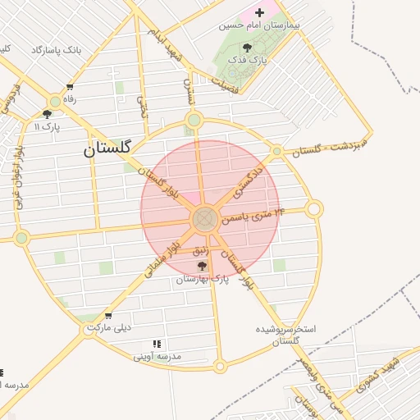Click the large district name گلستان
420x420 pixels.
pyautogui.click(x=107, y=149)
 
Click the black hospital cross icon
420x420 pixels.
pyautogui.click(x=260, y=12)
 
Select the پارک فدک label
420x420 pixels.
pyautogui.click(x=248, y=60)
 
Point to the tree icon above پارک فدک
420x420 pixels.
pyautogui.click(x=248, y=48)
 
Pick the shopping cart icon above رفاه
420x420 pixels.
pyautogui.click(x=70, y=87)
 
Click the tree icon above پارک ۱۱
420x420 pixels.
pyautogui.click(x=47, y=114)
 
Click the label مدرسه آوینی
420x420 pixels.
pyautogui.click(x=157, y=357)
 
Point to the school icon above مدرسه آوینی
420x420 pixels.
pyautogui.click(x=157, y=345)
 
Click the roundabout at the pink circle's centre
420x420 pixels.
pyautogui.click(x=204, y=219)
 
